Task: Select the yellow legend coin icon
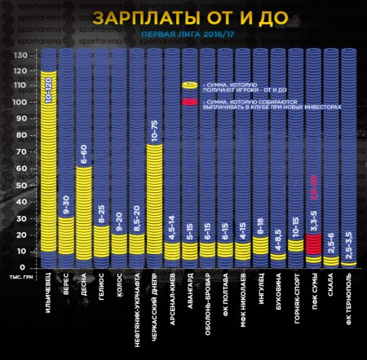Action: pos(189,85)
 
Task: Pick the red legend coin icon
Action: pos(189,102)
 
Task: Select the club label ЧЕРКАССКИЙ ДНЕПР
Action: pos(155,314)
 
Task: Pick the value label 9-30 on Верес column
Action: pos(67,207)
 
